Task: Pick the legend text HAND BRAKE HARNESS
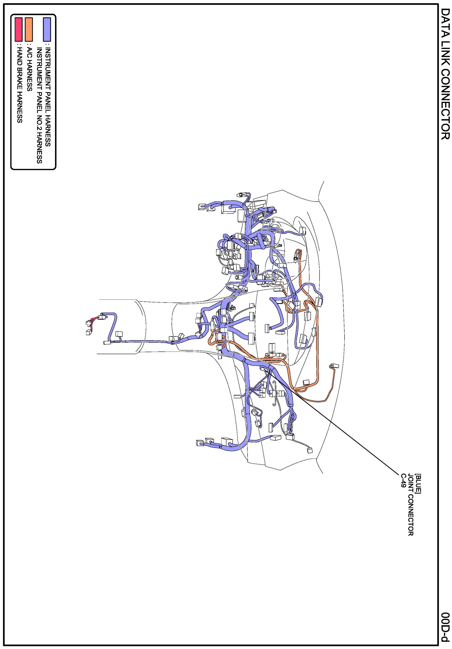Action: pyautogui.click(x=19, y=85)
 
